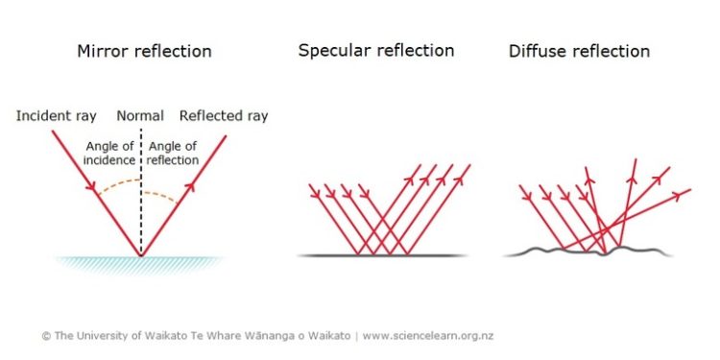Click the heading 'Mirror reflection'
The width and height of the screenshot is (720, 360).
click(x=144, y=51)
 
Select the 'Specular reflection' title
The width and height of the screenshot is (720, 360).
click(x=376, y=50)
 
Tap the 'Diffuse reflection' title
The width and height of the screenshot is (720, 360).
click(x=579, y=51)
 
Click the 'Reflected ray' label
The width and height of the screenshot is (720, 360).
click(x=224, y=116)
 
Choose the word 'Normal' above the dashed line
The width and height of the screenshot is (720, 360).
click(x=140, y=116)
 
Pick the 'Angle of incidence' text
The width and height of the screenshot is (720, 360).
click(x=109, y=153)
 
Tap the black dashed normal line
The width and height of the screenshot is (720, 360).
click(x=141, y=221)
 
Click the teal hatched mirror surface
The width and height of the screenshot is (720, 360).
click(x=141, y=262)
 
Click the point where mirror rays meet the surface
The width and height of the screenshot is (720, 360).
click(x=141, y=255)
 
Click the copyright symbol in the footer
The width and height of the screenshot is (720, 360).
click(x=45, y=336)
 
